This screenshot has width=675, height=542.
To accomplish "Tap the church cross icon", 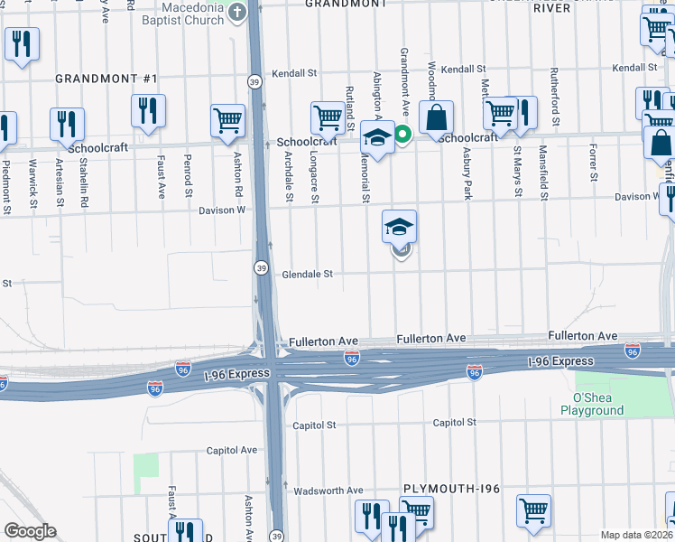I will coord(237,13).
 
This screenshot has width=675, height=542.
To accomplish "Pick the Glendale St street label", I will coord(309,274).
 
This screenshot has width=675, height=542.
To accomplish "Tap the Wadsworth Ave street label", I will coord(328,491).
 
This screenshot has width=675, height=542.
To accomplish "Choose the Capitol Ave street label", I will coord(233,450).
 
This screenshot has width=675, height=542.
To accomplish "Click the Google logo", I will coord(30,530).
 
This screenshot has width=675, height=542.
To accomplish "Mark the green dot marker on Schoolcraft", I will coord(403,136).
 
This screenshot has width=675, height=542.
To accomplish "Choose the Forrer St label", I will coord(594,163).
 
